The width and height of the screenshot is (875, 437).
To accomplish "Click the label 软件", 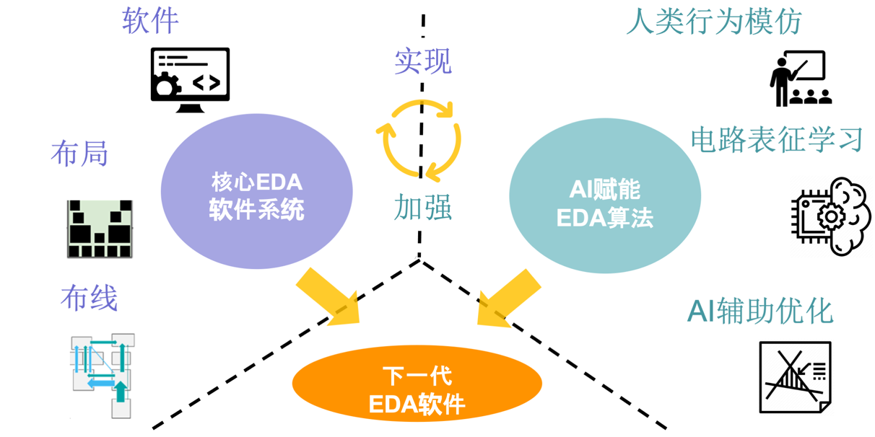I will click(150, 21).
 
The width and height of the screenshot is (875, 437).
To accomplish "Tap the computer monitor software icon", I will click(190, 79).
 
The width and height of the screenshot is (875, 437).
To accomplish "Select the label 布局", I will click(79, 154).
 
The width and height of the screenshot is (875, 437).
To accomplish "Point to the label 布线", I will click(89, 298).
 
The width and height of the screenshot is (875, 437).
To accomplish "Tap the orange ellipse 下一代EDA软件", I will click(417, 390).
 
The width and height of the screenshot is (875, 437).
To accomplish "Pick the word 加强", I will click(423, 207).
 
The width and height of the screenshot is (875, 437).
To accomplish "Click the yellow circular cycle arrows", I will click(419, 138).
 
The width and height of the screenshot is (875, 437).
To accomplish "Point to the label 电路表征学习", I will click(777, 139).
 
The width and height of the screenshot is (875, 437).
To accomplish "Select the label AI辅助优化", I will click(760, 311).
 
